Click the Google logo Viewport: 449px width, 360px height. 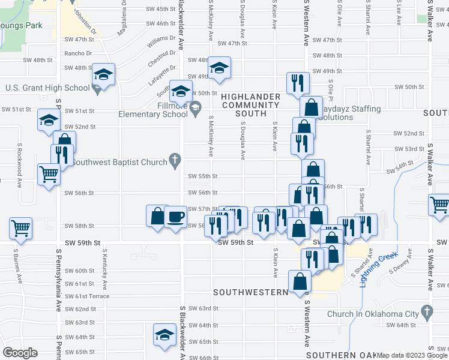coord(20,353)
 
